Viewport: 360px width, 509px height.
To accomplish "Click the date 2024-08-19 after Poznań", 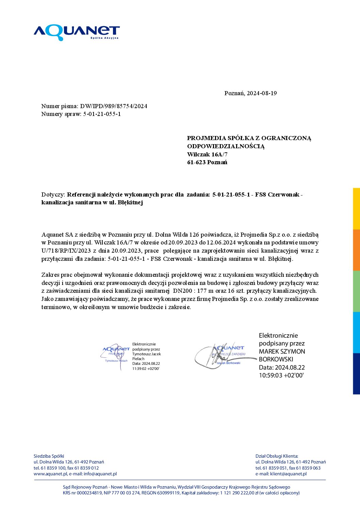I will (262, 93).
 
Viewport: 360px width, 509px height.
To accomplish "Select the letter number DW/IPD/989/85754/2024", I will (114, 106).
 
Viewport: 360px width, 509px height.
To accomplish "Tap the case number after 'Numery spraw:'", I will (102, 114).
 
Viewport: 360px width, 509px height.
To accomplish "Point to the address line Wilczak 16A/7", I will (207, 154).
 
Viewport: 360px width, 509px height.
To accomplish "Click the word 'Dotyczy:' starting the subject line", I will (53, 195).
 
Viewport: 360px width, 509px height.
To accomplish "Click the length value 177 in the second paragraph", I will (202, 291).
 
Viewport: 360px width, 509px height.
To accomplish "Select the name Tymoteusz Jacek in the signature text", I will (146, 354).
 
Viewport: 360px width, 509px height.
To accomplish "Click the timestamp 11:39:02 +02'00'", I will (146, 369).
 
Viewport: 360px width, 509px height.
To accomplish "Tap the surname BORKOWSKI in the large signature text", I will (276, 359).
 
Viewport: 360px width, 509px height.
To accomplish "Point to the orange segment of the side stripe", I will (356, 250).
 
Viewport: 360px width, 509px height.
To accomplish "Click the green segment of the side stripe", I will (356, 291).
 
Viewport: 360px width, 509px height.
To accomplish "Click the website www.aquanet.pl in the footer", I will (50, 474).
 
